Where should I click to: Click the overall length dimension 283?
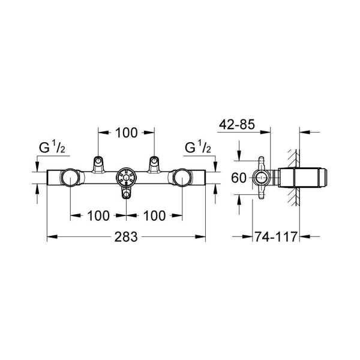[x=126, y=237]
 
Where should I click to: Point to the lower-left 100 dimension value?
[x=98, y=215]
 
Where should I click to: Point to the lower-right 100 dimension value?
[x=155, y=215]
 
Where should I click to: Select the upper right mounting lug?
[x=154, y=163]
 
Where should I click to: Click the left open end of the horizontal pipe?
[x=49, y=178]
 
